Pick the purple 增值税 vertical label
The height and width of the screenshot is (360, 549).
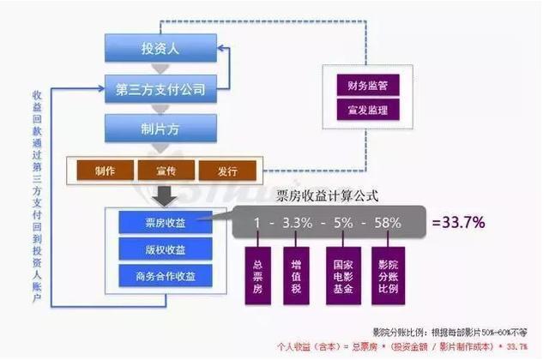point(297,274)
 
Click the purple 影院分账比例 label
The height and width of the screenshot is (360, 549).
point(389,274)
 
